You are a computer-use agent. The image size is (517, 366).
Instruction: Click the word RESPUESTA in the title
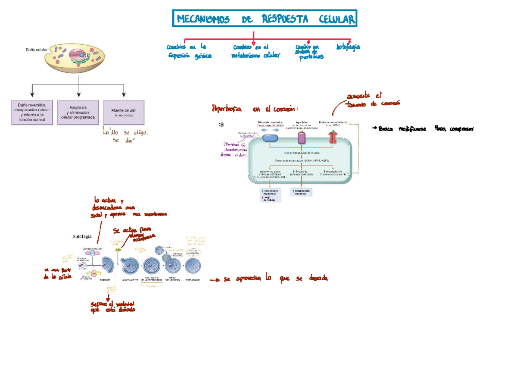285,19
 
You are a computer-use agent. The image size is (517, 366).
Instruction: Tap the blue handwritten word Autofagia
348,47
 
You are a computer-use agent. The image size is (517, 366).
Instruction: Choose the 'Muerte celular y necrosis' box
124,113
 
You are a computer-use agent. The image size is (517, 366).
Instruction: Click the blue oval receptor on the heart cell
270,138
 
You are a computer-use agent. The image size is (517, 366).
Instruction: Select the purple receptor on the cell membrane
302,138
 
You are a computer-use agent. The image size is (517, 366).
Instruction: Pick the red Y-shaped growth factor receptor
333,138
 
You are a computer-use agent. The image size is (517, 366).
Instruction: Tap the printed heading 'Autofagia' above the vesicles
82,237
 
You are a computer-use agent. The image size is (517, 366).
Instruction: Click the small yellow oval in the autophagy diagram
117,250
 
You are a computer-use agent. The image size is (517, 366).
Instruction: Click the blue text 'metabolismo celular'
255,56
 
